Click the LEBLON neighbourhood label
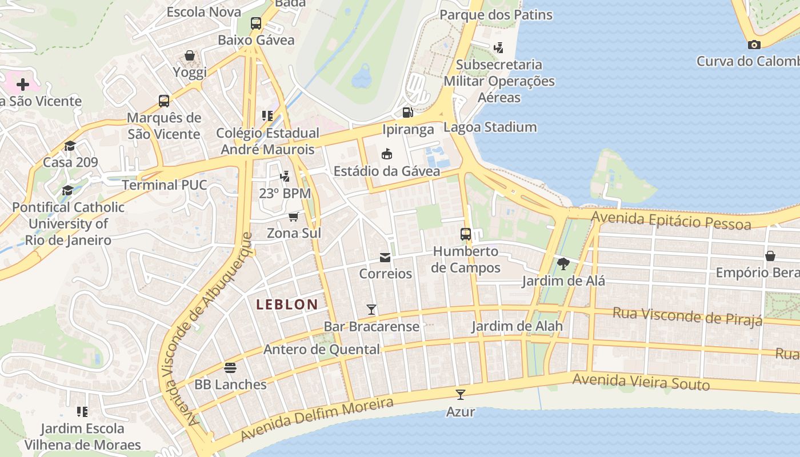[x=287, y=304]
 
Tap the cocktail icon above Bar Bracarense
[x=371, y=310]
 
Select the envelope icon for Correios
[x=385, y=258]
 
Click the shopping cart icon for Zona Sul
[x=294, y=217]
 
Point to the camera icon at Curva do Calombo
[x=754, y=45]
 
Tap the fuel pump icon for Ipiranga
[x=407, y=113]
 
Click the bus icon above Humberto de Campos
[x=466, y=234]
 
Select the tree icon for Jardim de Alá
[x=563, y=263]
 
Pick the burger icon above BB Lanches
[x=230, y=367]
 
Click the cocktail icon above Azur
[x=461, y=394]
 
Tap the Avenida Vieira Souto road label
[x=641, y=382]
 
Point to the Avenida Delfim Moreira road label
[x=317, y=420]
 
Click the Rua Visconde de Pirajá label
[x=687, y=316]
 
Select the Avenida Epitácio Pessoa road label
[x=671, y=220]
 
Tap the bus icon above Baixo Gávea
[x=256, y=23]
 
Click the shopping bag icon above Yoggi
[x=190, y=55]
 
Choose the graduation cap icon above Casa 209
[x=70, y=146]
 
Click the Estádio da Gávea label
[x=387, y=171]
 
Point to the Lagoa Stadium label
[x=490, y=127]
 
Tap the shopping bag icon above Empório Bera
[x=770, y=255]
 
